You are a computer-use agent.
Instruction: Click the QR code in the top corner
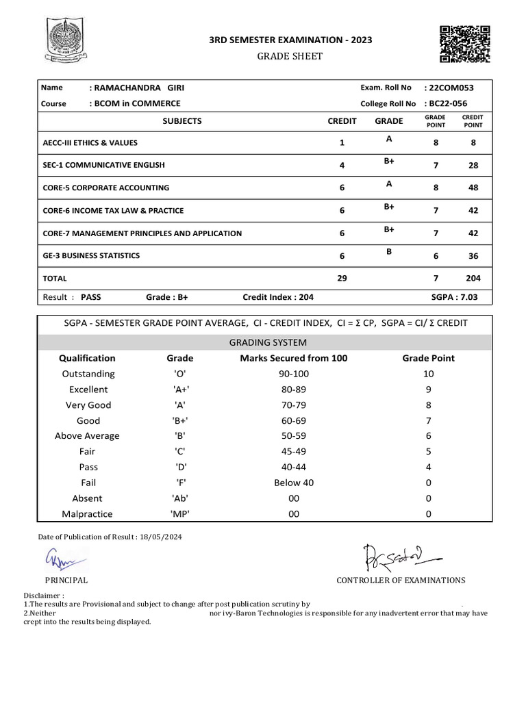click(464, 44)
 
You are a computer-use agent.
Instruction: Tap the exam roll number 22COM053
click(449, 88)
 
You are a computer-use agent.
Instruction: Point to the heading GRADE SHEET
click(291, 56)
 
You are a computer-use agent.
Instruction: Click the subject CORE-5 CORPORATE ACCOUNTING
click(106, 188)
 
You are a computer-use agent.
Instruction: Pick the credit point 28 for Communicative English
click(473, 166)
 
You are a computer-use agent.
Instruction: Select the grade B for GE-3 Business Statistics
click(388, 251)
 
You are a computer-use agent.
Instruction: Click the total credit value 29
click(342, 278)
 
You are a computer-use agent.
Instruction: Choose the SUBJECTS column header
click(182, 121)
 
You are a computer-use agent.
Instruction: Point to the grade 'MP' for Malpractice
click(180, 513)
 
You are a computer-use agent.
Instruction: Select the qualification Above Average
click(87, 436)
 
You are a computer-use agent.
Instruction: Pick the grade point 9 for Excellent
click(428, 390)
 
